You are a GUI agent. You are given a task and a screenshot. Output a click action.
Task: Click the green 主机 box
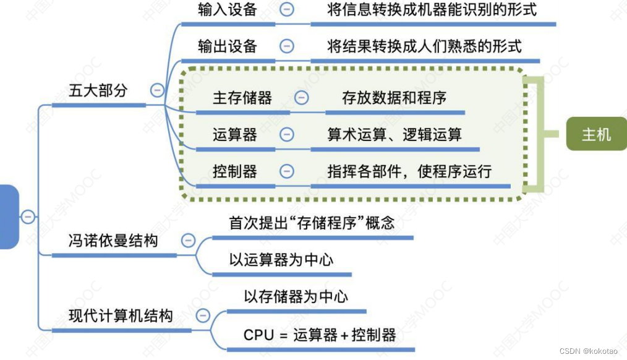[x=596, y=134]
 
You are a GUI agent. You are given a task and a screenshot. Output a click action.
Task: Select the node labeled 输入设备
[x=228, y=10]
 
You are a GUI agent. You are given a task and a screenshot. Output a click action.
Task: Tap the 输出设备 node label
[x=228, y=46]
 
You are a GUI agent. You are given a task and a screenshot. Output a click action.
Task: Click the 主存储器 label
[x=242, y=98]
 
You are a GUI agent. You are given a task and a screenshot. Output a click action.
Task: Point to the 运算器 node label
[x=235, y=134]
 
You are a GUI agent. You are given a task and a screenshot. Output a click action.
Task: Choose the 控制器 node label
[x=235, y=171]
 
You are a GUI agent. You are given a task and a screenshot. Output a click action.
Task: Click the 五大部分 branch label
[x=98, y=90]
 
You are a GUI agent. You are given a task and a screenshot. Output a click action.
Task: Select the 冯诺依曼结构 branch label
[x=113, y=240]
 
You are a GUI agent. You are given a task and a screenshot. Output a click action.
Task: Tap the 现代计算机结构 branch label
[x=121, y=317]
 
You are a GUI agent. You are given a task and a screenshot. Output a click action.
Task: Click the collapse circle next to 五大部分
[x=157, y=90]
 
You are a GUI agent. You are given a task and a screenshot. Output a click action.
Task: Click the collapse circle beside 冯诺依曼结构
[x=188, y=240]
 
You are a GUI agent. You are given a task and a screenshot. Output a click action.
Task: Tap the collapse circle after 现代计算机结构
[x=203, y=317]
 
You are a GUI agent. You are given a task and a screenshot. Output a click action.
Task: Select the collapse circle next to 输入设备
[x=286, y=10]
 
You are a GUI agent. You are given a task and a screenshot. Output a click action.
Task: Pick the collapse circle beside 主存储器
[x=301, y=98]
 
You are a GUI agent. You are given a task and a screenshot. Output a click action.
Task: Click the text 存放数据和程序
[x=395, y=98]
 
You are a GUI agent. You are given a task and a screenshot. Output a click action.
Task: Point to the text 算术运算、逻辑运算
[x=395, y=134]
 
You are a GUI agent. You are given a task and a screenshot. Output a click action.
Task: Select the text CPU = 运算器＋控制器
[x=320, y=335]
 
